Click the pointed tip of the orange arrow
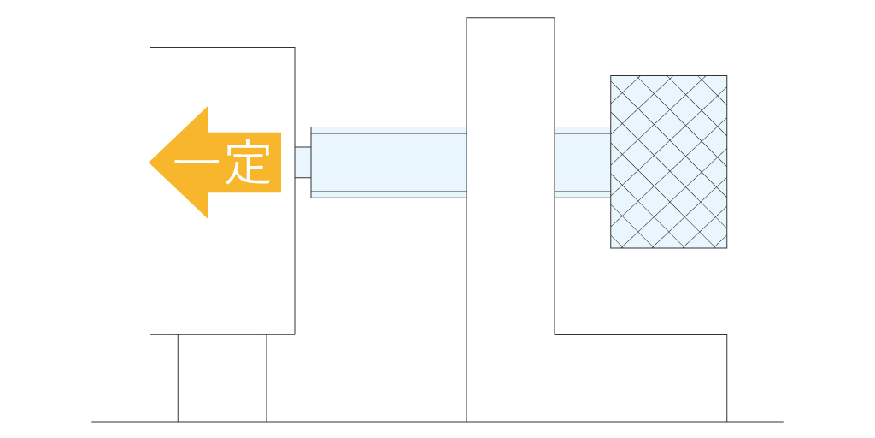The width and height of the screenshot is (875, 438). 151,163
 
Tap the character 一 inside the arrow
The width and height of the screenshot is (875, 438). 196,163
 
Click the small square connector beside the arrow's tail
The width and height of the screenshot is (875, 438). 302,163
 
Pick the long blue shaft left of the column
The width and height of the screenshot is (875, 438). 388,163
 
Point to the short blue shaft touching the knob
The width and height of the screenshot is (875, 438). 582,163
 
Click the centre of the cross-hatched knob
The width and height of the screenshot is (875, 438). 668,162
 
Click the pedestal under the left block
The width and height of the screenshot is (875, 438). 222,378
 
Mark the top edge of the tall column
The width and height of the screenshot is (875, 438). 510,18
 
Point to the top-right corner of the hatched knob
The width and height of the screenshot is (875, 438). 727,76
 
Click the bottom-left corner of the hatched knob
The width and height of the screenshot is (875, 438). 611,248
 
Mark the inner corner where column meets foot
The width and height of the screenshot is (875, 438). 555,334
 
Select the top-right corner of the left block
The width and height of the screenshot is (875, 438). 295,48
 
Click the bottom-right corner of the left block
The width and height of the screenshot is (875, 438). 295,334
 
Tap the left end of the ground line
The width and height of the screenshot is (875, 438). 93,422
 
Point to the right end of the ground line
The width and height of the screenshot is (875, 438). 782,422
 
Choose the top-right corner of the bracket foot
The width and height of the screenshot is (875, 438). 727,334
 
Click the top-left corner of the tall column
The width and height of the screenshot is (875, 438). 467,18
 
